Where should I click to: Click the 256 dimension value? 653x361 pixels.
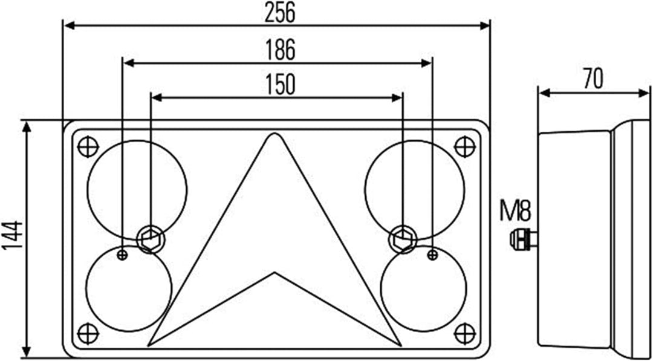[280, 13]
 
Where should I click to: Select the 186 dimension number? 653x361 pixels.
[280, 51]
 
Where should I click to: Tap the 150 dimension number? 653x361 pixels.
[280, 85]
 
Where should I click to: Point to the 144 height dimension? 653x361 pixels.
[13, 236]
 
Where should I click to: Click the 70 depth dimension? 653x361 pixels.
[593, 79]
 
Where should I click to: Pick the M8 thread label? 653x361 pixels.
[515, 212]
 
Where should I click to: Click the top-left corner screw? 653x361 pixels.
[88, 146]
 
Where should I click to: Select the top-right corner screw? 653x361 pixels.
[464, 146]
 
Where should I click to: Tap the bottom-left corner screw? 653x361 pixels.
[88, 333]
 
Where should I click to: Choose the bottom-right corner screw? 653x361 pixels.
[464, 333]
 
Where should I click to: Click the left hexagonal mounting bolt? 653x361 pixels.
[150, 238]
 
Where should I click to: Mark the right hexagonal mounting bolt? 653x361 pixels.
[403, 238]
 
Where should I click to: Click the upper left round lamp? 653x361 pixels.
[137, 189]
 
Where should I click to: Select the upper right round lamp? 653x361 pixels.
[415, 189]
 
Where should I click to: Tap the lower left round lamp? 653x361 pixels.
[129, 288]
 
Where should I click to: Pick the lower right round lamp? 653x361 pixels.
[424, 288]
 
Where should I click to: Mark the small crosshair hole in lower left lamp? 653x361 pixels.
[123, 255]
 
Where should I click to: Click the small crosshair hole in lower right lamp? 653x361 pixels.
[432, 255]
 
